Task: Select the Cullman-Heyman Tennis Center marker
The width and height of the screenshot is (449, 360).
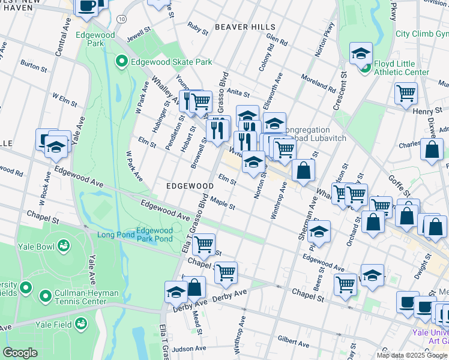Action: pos(45,296)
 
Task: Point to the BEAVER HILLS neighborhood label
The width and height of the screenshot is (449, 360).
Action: pos(245,27)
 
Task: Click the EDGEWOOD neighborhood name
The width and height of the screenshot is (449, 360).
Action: pos(190,187)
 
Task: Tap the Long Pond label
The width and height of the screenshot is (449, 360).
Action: pos(115,235)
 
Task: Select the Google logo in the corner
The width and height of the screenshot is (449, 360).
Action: pos(20,353)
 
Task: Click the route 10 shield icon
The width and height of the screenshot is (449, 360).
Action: pos(122,20)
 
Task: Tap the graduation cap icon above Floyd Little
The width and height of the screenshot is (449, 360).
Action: pos(361,53)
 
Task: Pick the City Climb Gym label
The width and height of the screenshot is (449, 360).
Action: pos(421,34)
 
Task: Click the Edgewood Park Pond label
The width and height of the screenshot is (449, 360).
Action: pos(155,235)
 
